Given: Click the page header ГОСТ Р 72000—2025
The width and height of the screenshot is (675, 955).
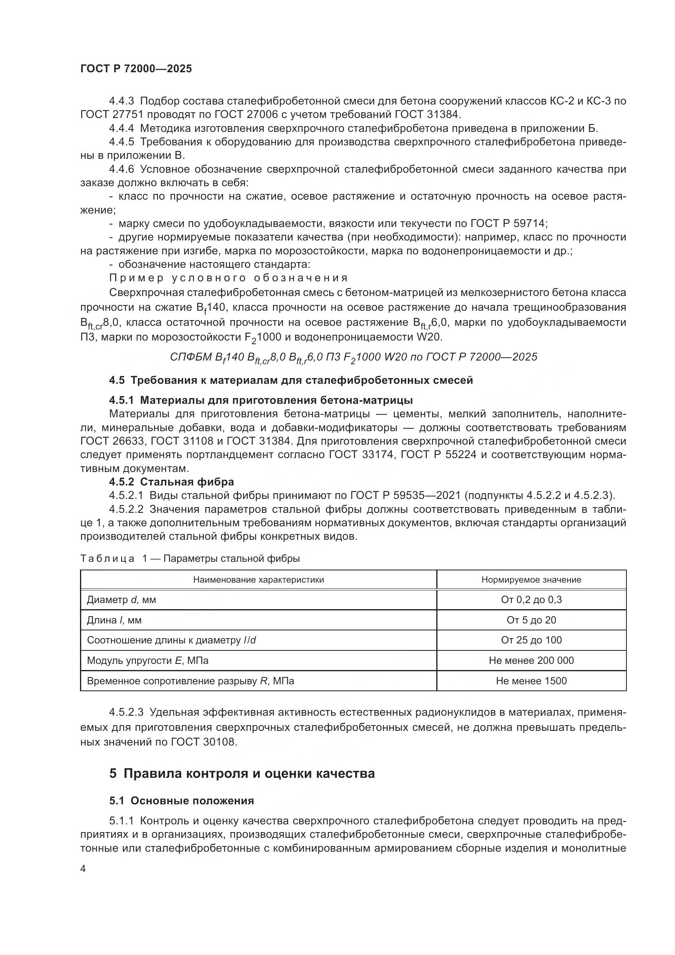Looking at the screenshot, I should coord(136,69).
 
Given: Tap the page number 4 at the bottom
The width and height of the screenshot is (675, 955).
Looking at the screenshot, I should coord(83,869).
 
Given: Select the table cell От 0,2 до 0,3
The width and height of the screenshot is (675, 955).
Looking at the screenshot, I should coord(531,600).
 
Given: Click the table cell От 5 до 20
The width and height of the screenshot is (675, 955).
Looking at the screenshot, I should coord(531,620).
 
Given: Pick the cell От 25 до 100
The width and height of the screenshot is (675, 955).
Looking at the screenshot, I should coord(531,640).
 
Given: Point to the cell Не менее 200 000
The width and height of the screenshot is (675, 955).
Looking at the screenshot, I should coord(531,661).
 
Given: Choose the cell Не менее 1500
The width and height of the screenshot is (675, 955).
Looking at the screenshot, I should coord(531,681).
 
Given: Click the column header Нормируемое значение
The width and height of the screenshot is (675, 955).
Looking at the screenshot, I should coord(531,580).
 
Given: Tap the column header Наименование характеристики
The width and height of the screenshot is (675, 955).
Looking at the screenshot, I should coord(258,580).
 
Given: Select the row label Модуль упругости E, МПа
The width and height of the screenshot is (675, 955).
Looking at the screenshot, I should coord(148,661).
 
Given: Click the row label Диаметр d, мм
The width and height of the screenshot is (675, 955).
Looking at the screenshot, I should coord(121,600).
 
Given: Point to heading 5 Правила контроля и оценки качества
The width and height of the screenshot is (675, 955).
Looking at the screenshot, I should coord(242,773).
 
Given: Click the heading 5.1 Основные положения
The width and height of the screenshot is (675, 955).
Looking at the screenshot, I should coord(182,801).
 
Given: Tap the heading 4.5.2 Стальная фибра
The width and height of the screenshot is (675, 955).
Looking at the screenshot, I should coord(171,482).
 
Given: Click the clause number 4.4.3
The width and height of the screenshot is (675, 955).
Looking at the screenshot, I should coord(121,101).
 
